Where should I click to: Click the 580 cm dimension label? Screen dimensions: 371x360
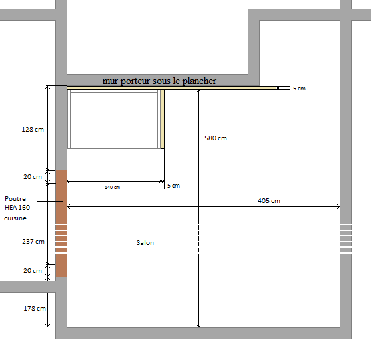point(216,138)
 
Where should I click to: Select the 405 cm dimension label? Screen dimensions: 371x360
point(269,201)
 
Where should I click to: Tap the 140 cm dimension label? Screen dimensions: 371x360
point(112,187)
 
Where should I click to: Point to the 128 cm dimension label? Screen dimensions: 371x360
point(33,130)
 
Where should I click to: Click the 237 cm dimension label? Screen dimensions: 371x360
point(33,242)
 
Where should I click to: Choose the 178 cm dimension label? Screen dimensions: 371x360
point(35,309)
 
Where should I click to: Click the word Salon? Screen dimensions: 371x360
point(145,242)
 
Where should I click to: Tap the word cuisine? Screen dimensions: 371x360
point(15,218)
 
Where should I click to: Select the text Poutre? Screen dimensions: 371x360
point(15,198)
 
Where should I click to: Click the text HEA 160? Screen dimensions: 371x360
point(17,208)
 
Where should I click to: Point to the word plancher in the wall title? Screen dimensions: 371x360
point(199,81)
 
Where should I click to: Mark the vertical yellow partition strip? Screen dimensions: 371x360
point(163,119)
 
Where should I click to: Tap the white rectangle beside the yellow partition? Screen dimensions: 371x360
point(114,119)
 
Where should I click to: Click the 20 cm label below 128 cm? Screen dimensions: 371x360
point(33,176)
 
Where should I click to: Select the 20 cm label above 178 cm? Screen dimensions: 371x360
point(33,270)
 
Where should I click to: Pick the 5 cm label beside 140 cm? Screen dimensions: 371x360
point(173,186)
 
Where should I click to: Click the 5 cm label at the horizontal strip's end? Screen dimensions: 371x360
point(299,89)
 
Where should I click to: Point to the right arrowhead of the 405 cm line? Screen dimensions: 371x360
point(338,206)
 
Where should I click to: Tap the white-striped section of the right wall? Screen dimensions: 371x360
point(346,238)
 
